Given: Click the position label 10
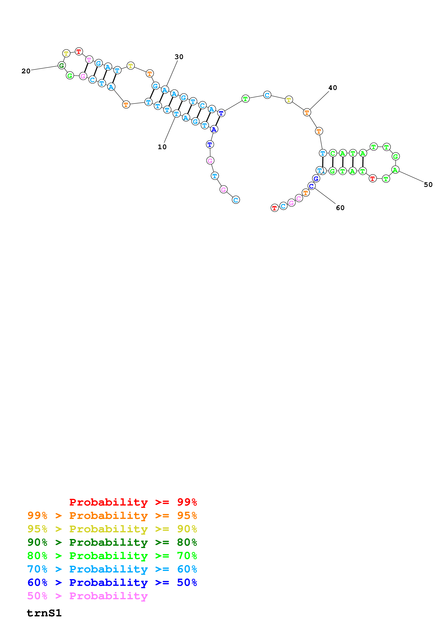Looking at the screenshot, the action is click(162, 147).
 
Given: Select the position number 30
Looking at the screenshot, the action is click(179, 57).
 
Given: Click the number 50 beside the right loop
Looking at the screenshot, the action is click(428, 185).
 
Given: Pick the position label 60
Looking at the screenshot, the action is click(340, 208).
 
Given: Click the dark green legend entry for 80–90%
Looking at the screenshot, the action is click(112, 542).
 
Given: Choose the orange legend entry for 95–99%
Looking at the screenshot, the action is click(112, 516).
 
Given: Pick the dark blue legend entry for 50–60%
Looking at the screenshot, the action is click(112, 582).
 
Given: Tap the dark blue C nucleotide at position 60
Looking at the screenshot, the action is click(311, 186).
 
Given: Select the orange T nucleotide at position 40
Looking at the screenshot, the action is click(307, 112).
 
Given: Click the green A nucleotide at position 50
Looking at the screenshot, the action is click(395, 170).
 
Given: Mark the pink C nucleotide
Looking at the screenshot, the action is click(299, 198).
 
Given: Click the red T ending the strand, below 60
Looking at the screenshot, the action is click(275, 208).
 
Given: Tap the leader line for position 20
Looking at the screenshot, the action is click(44, 68).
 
